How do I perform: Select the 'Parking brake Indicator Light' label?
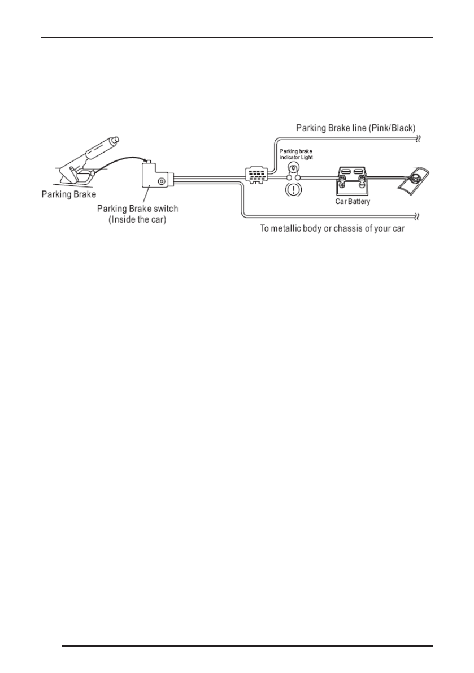[x=296, y=154]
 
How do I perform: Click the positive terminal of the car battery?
[x=342, y=183]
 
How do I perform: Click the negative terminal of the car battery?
[x=362, y=183]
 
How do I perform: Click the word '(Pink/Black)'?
[x=391, y=128]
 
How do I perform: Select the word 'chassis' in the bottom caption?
[x=354, y=231]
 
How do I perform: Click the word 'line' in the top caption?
[x=359, y=128]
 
